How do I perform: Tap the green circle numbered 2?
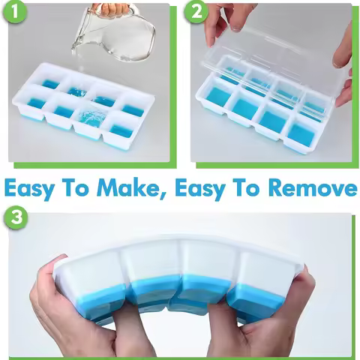coord(197,13)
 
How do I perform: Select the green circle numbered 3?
coord(15,218)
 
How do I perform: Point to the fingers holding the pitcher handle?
coord(113,10)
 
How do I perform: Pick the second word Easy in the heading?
coord(202,188)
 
